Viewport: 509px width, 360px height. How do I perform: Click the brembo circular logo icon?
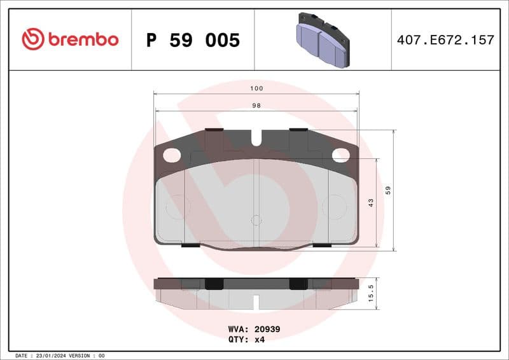tap(32, 39)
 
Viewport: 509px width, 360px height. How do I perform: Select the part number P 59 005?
tap(193, 40)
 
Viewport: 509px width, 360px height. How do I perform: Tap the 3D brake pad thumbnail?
tap(323, 40)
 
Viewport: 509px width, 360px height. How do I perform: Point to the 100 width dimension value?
tap(256, 88)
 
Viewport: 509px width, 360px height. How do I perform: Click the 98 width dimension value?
tap(256, 106)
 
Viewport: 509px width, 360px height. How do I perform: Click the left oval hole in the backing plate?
tap(172, 155)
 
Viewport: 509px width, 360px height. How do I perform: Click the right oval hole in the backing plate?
tap(341, 155)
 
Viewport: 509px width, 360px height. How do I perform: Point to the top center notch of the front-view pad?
tap(256, 137)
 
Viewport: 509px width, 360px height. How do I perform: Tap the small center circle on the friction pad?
tap(256, 220)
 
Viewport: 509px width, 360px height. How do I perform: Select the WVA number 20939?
tap(267, 329)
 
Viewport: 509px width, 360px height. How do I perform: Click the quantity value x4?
tap(259, 340)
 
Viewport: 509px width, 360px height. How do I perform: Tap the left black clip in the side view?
tap(214, 284)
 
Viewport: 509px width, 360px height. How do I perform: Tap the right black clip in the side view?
tap(298, 284)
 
